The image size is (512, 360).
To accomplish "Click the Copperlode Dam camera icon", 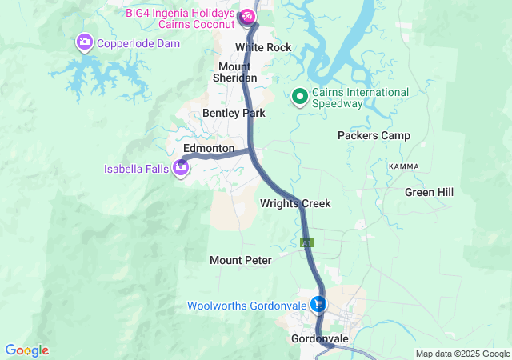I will [x=84, y=42].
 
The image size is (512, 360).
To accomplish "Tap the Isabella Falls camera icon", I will [x=182, y=167].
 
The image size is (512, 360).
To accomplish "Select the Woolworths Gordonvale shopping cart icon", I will [x=319, y=304].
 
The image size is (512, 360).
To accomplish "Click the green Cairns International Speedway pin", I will [x=301, y=97].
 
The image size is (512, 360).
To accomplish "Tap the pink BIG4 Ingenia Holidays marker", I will [x=247, y=15].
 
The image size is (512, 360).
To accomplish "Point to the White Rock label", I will [x=263, y=48].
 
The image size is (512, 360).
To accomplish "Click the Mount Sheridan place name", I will [x=234, y=72].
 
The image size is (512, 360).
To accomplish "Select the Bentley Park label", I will [x=234, y=113].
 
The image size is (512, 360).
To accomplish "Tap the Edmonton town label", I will [x=209, y=149].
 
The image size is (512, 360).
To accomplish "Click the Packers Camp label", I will [x=374, y=135].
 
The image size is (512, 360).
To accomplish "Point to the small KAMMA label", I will [x=403, y=166].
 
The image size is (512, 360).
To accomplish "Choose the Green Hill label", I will [x=429, y=192].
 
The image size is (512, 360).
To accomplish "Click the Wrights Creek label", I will [x=295, y=203].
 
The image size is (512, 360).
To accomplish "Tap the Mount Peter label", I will [x=241, y=260].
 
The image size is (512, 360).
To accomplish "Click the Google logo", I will [x=26, y=350].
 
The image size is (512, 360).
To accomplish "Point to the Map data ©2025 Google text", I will [x=462, y=354].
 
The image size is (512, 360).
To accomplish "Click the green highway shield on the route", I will [x=306, y=242].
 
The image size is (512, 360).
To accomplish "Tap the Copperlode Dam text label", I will [x=137, y=42].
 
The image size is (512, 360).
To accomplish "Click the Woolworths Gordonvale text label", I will [x=248, y=306].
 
